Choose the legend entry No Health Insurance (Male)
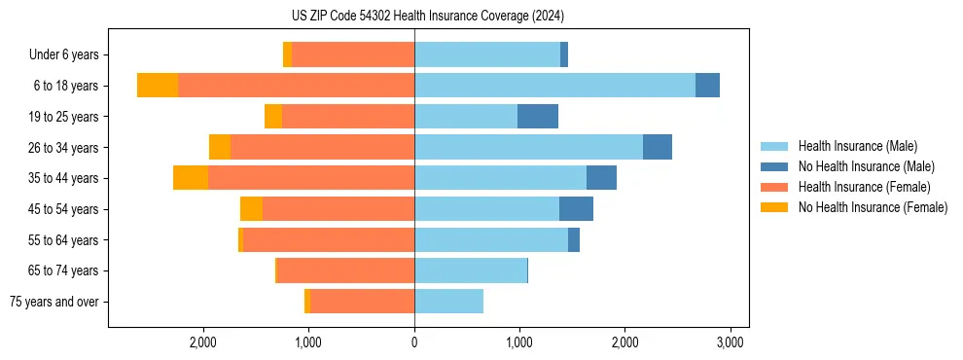pyautogui.click(x=866, y=166)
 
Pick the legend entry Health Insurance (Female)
pyautogui.click(x=864, y=187)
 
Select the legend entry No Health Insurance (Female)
pyautogui.click(x=873, y=207)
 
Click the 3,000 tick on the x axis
pyautogui.click(x=731, y=342)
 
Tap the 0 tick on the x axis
pyautogui.click(x=414, y=342)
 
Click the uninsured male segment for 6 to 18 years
pyautogui.click(x=707, y=86)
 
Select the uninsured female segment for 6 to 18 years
pyautogui.click(x=158, y=86)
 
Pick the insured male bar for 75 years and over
pyautogui.click(x=448, y=302)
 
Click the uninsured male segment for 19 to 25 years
pyautogui.click(x=538, y=117)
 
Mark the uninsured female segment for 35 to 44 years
pyautogui.click(x=191, y=178)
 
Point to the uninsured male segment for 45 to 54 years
pyautogui.click(x=576, y=209)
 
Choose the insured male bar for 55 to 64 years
pyautogui.click(x=491, y=239)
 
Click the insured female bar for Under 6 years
pyautogui.click(x=353, y=55)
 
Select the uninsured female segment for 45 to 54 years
pyautogui.click(x=251, y=209)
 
